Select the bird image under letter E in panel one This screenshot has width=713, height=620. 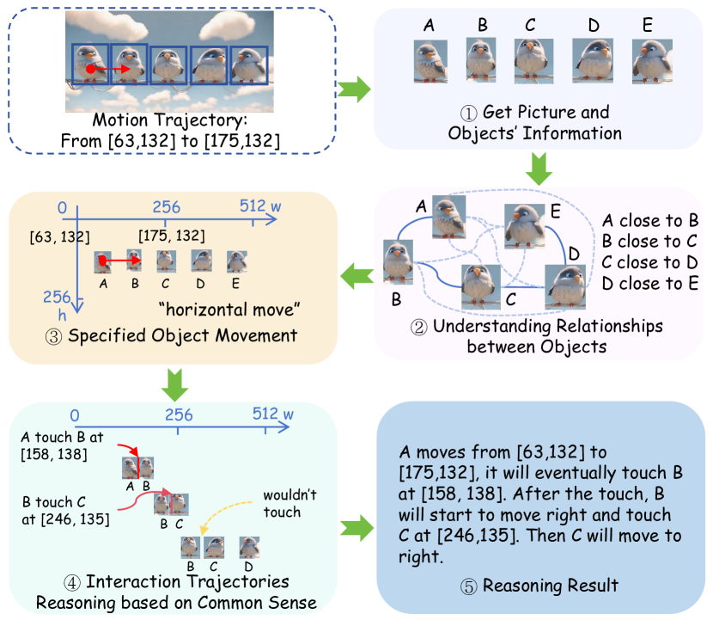646,61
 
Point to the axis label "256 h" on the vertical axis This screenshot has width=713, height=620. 55,304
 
